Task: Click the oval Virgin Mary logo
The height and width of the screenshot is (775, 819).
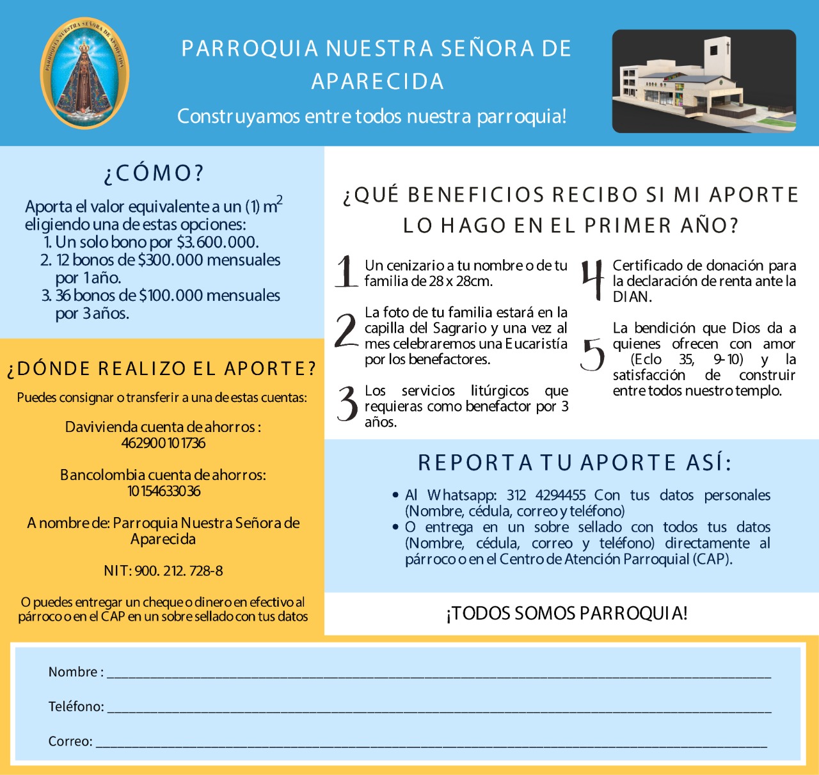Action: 84,73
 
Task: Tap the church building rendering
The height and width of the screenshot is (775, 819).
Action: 704,81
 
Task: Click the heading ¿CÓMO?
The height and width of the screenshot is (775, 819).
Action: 154,173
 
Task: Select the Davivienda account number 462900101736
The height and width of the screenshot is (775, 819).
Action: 163,443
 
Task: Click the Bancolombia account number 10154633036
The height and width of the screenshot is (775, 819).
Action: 163,491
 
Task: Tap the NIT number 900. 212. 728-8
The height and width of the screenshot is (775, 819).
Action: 179,571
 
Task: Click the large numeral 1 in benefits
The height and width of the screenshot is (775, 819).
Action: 346,271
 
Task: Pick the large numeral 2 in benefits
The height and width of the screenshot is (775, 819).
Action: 346,331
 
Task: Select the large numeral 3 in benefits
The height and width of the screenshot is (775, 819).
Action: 347,404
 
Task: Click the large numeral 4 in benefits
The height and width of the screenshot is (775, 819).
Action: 592,280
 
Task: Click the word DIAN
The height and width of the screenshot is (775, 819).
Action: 632,297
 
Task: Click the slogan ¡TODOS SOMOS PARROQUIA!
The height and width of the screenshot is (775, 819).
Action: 567,613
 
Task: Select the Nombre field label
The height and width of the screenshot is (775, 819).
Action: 73,672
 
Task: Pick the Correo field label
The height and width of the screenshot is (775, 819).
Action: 70,741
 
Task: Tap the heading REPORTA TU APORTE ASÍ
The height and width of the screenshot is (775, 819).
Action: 574,463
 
